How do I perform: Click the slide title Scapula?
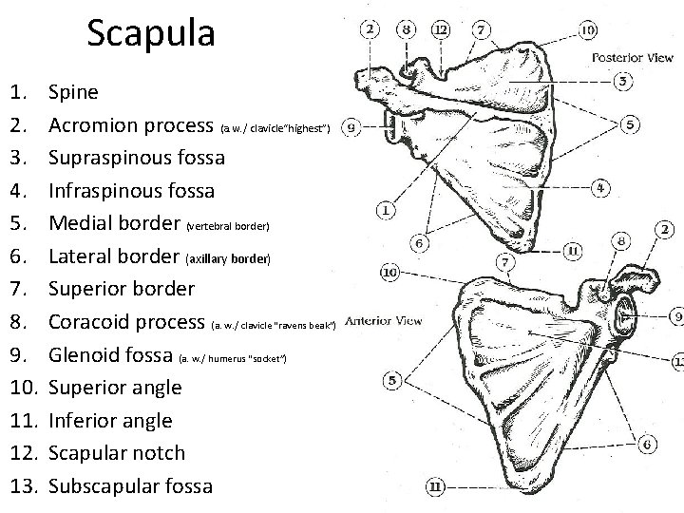click(x=151, y=33)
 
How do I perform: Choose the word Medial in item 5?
click(x=80, y=224)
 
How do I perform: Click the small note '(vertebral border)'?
click(x=229, y=227)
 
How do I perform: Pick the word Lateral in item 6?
click(x=81, y=256)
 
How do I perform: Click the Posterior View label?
click(x=632, y=57)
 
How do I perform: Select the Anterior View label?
click(x=383, y=320)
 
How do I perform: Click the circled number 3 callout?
click(x=623, y=82)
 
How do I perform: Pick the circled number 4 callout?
click(x=599, y=188)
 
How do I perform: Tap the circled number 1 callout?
click(x=387, y=210)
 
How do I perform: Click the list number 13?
click(x=22, y=485)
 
